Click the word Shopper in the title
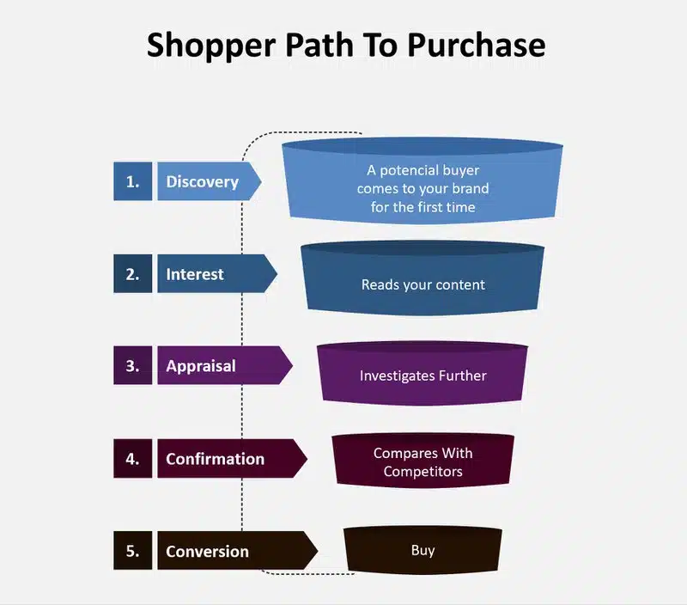point(211,46)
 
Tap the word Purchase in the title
point(477,45)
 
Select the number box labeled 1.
point(133,181)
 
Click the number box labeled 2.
point(133,273)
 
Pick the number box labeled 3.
point(133,365)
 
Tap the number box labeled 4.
point(133,459)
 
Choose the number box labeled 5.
point(133,551)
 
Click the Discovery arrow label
point(210,181)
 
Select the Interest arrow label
point(217,273)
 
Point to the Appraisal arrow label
point(225,365)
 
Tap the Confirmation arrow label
point(232,459)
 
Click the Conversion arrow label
point(238,551)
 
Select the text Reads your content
point(423,285)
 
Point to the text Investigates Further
point(423,376)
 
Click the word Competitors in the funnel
point(423,472)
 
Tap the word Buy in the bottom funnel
point(423,551)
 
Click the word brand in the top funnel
point(470,188)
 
